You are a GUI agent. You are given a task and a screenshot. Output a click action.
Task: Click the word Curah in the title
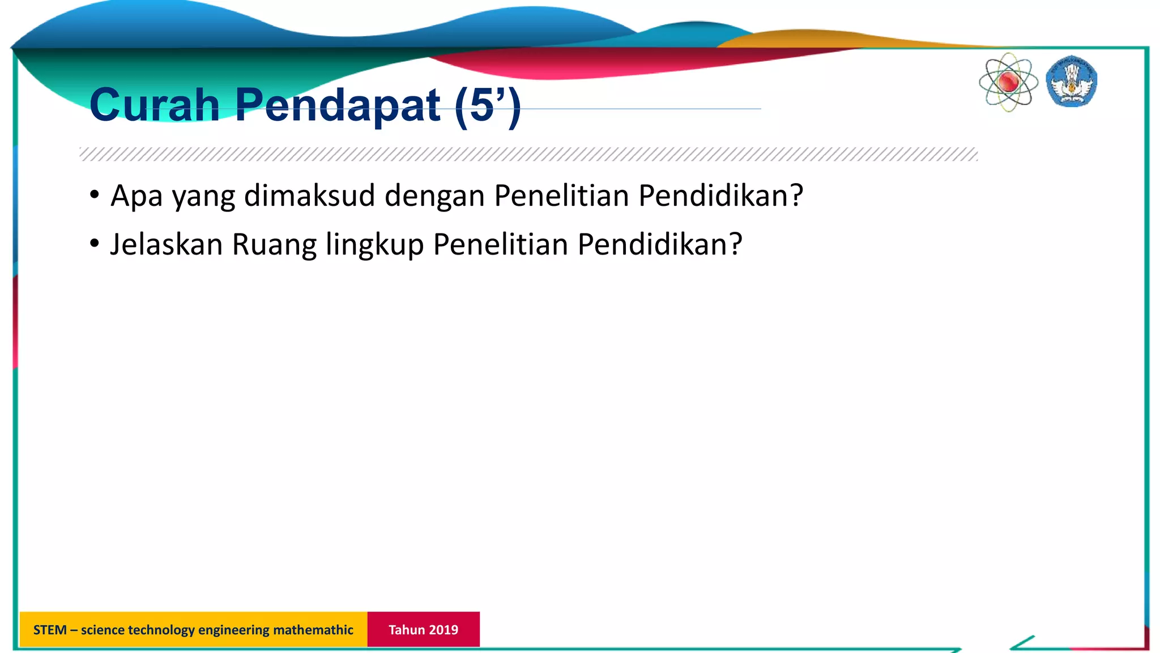tap(154, 105)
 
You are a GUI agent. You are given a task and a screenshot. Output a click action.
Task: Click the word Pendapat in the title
tap(338, 105)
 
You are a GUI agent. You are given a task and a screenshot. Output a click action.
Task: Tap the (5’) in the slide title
tap(487, 105)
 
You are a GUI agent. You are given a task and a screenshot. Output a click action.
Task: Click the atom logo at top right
tap(1008, 83)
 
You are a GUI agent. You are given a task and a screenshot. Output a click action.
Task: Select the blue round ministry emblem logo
tap(1071, 82)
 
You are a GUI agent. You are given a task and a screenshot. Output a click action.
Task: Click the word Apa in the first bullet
tap(137, 196)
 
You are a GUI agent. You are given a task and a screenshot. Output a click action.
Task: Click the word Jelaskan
tap(166, 244)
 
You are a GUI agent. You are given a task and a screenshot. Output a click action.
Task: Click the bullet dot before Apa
tap(95, 195)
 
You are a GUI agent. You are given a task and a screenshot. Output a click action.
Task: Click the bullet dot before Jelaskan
tap(95, 244)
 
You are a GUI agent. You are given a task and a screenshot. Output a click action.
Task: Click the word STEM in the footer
tap(50, 630)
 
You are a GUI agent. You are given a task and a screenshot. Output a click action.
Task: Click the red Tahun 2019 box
tap(423, 629)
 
